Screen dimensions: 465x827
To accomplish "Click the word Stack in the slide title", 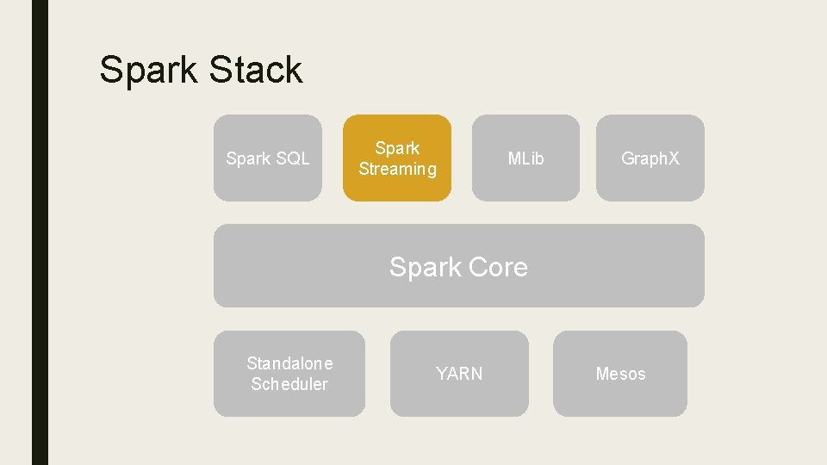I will [256, 70].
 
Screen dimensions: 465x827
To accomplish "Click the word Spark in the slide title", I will [149, 71].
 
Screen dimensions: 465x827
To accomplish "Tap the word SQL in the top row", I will [292, 158].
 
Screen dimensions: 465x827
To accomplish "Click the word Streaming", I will [397, 170].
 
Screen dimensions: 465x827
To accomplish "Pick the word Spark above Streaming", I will [397, 148].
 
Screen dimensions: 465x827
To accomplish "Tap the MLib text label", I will [525, 158].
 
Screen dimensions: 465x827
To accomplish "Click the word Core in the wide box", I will [497, 267].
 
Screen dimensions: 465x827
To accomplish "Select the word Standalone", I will [289, 363].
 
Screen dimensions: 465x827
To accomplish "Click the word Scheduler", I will [289, 384].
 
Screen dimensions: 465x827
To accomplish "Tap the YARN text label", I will [459, 374].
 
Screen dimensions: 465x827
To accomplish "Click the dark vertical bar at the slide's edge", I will [40, 232].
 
